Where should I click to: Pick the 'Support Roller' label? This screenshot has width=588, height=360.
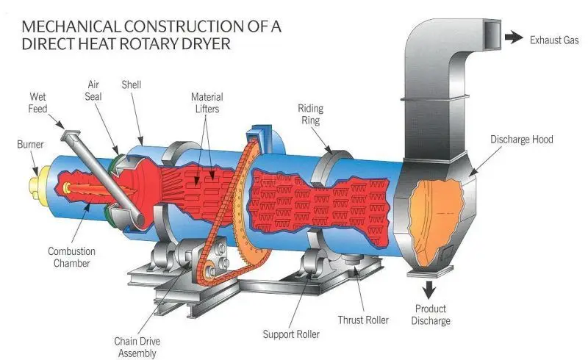(x=291, y=334)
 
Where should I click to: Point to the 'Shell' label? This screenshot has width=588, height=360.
(x=132, y=85)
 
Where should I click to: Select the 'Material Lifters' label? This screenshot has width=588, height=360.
(x=207, y=103)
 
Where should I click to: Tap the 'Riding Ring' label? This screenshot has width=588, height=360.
(x=310, y=114)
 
